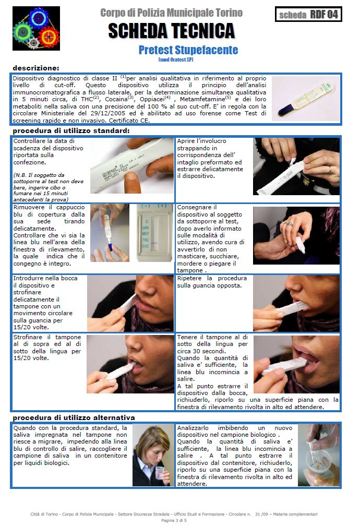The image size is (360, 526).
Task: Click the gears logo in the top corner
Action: [36, 28]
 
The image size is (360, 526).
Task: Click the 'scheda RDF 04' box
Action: [308, 15]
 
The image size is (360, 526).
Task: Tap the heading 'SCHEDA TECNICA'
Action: [172, 31]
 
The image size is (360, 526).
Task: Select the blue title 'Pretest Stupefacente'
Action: [188, 50]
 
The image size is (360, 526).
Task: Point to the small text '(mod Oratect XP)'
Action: [176, 59]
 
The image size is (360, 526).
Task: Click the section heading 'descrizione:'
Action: [36, 68]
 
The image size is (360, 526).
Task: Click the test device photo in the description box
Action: [306, 99]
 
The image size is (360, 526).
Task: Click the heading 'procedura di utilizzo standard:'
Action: [71, 131]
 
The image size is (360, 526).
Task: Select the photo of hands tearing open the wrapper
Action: [296, 166]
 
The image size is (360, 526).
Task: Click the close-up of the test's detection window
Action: [154, 233]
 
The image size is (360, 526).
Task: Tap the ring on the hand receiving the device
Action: [289, 223]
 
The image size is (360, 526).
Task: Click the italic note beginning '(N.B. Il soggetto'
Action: [49, 187]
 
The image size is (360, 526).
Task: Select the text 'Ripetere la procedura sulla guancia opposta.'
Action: [212, 282]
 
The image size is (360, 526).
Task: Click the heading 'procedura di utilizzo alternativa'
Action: [74, 417]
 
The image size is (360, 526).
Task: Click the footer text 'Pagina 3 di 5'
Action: [174, 520]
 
